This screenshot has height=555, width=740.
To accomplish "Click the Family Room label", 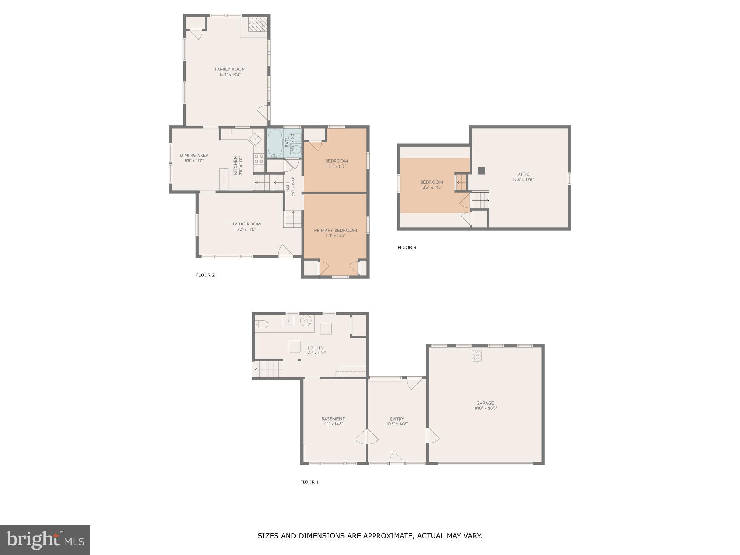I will click(230, 69).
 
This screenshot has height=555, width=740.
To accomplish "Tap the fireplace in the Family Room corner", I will click(258, 26).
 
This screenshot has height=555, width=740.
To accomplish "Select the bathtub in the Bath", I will click(275, 143).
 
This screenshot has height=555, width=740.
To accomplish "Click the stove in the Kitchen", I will click(259, 158).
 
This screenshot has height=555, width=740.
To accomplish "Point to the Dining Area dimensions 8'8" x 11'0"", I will click(194, 161).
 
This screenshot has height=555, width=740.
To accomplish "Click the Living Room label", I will click(245, 224).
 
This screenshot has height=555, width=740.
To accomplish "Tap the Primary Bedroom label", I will click(335, 231).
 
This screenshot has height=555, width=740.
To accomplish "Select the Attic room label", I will click(523, 174).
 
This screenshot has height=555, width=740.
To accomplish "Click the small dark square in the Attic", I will click(481, 171).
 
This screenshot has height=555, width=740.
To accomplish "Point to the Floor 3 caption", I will click(406, 248).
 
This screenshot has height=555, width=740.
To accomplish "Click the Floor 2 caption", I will click(205, 275).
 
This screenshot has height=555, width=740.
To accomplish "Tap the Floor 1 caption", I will click(309, 482).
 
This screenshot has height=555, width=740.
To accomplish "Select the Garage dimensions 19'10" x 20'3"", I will click(485, 408).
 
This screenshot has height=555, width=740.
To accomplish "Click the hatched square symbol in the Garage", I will click(477, 356).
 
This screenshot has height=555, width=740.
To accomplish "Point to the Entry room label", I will click(397, 419).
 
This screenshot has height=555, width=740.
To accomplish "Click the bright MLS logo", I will click(45, 540).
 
